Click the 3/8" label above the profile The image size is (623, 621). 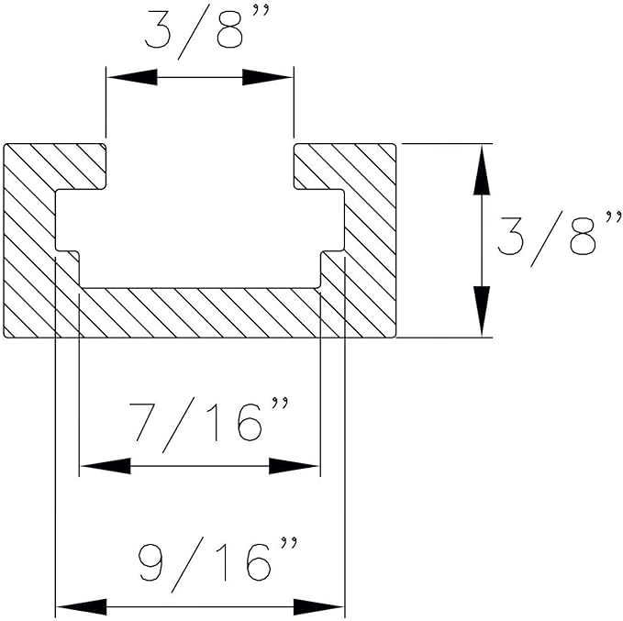click(x=200, y=34)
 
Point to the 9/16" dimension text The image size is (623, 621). click(x=218, y=563)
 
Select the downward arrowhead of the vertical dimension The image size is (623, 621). click(x=479, y=312)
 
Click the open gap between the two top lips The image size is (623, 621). click(x=200, y=165)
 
